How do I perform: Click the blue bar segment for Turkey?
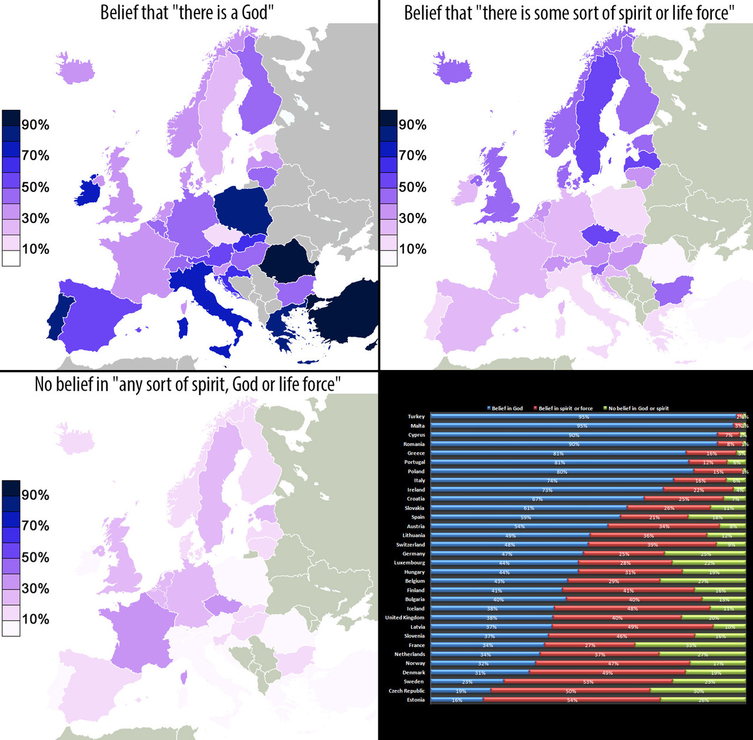[x=582, y=416]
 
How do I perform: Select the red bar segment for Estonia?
[x=571, y=700]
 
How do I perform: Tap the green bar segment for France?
[x=690, y=645]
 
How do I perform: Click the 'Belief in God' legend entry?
[x=507, y=408]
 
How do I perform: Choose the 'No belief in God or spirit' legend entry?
[x=638, y=408]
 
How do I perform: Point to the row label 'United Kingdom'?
[x=405, y=618]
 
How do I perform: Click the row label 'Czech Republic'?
[x=407, y=691]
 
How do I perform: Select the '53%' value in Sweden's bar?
[x=588, y=682]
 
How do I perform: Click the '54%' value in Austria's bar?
[x=519, y=526]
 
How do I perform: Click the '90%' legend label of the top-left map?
[x=35, y=125]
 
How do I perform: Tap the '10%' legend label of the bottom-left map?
[x=35, y=619]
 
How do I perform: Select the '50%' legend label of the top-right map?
[x=412, y=187]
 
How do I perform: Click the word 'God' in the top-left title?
[x=254, y=12]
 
